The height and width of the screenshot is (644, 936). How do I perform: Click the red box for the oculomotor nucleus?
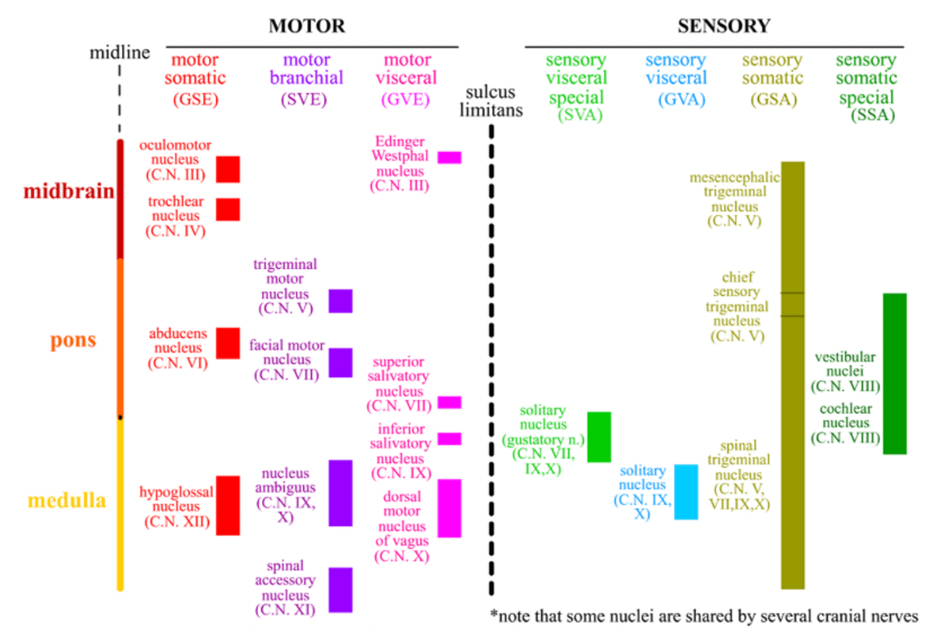tap(228, 169)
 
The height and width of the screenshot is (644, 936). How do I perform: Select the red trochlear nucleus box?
tap(228, 209)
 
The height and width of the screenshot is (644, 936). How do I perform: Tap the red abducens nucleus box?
tap(228, 343)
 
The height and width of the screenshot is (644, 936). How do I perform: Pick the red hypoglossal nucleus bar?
tap(228, 505)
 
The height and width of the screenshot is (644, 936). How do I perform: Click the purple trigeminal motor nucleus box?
tap(341, 301)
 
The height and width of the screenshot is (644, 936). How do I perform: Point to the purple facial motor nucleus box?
tap(341, 363)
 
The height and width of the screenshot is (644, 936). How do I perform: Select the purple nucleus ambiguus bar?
tap(341, 493)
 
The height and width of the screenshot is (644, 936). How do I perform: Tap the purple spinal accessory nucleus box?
tap(341, 590)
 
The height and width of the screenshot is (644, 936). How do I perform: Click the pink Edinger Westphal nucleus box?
tap(449, 158)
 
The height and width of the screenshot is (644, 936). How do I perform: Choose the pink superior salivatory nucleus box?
tap(449, 402)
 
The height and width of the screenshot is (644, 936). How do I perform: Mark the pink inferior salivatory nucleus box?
tap(449, 439)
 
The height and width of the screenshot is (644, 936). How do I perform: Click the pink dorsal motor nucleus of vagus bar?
tap(449, 508)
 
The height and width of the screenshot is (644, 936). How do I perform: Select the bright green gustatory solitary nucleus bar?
tap(599, 437)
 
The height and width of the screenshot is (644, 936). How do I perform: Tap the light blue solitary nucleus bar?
tap(686, 492)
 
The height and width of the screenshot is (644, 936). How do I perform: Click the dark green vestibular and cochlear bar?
tap(895, 374)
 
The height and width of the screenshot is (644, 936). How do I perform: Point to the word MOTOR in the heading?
tap(307, 26)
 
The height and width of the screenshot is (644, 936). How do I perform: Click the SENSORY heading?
tap(724, 26)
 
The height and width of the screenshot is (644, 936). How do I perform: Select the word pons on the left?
tap(73, 340)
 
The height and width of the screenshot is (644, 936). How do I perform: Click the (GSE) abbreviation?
tap(194, 99)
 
